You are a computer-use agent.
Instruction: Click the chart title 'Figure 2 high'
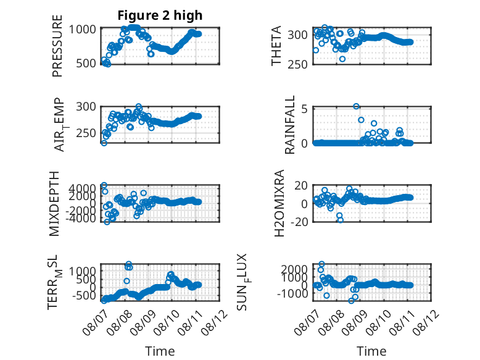tap(160, 15)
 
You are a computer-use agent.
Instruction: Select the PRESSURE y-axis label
tap(57, 46)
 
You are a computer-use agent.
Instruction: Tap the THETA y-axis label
tap(276, 46)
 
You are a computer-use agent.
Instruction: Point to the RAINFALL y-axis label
tap(289, 125)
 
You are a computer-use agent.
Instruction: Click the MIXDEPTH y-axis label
tap(54, 204)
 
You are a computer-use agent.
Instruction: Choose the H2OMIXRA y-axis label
tap(279, 203)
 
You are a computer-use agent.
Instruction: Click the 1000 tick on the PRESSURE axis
tap(82, 30)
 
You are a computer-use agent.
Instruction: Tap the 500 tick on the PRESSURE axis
tap(86, 64)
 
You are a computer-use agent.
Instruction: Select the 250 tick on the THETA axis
tap(297, 64)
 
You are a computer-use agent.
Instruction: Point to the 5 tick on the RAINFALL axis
tap(304, 109)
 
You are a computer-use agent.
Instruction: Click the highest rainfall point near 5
tap(356, 106)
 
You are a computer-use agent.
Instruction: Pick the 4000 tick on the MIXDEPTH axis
tap(82, 188)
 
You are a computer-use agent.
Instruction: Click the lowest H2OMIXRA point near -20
tap(341, 220)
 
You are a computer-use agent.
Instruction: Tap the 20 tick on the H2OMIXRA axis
tap(300, 185)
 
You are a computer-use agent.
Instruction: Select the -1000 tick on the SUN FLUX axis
tap(292, 293)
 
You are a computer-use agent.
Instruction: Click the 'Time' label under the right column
tap(371, 351)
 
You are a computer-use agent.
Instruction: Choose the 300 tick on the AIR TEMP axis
tap(86, 107)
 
